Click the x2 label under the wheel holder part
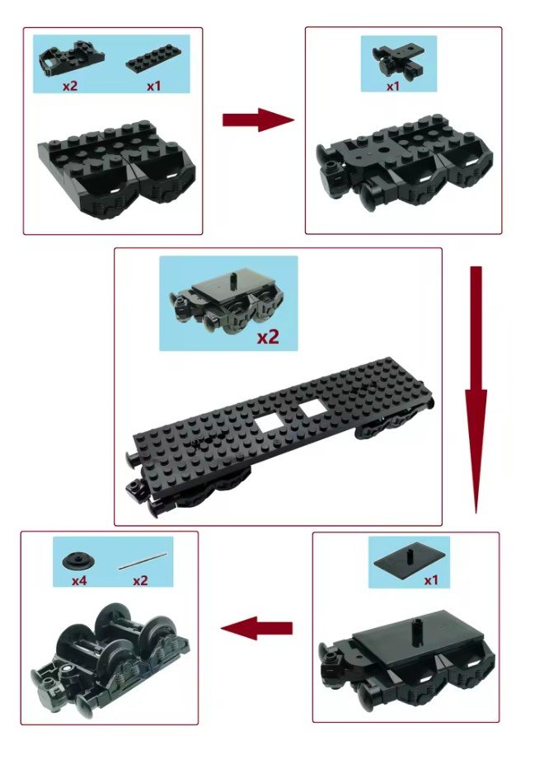[70, 86]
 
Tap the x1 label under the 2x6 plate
[154, 86]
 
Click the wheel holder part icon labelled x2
[71, 60]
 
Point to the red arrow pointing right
[258, 120]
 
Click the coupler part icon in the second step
[398, 62]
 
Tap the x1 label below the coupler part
[392, 87]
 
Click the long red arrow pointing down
[476, 390]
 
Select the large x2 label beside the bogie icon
[268, 337]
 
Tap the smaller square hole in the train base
[311, 409]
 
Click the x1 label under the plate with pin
[430, 581]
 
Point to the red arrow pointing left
[256, 628]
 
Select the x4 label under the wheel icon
[79, 581]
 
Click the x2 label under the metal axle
[140, 581]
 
